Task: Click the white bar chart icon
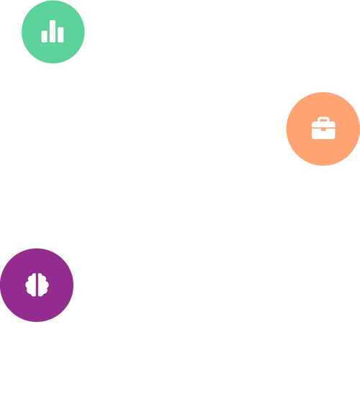53,32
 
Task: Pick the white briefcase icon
323,128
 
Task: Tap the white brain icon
37,284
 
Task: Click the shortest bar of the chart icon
45,36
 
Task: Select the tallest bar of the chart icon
53,31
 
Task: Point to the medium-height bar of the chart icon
60,35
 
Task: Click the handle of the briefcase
323,119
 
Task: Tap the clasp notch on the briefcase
323,130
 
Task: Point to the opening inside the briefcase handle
323,121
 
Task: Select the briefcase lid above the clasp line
317,125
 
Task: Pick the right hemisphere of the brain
42,284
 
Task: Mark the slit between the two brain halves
37,284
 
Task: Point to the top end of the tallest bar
53,22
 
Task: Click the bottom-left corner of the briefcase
313,137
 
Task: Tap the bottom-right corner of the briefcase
334,137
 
